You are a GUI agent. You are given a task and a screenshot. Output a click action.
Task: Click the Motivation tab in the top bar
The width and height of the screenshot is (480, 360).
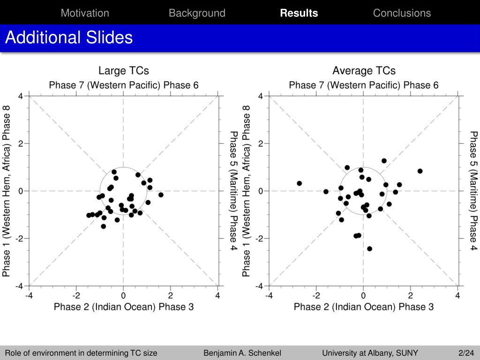point(85,13)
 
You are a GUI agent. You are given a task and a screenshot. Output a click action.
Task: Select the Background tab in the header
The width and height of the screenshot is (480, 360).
point(197,13)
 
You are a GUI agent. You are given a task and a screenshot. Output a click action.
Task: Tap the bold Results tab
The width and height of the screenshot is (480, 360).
point(299,13)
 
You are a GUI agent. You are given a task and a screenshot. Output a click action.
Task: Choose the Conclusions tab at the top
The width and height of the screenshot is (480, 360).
point(402,13)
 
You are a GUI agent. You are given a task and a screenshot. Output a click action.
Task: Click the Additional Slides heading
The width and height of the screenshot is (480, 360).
point(69,37)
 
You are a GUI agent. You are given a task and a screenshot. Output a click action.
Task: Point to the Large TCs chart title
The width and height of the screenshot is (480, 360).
point(124,71)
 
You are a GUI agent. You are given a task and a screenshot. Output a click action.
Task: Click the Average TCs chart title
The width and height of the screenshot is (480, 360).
point(364,71)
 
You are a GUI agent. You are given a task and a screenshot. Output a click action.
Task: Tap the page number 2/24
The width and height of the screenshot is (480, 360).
point(466,353)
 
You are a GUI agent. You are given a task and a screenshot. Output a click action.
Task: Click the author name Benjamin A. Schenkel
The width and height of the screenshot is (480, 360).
point(242,353)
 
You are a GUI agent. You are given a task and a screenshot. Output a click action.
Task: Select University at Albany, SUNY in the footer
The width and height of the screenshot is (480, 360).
point(370,353)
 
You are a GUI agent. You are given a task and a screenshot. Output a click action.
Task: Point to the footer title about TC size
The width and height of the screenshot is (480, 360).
point(81,353)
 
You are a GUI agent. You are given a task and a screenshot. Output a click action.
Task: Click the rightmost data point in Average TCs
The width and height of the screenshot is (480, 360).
point(420,171)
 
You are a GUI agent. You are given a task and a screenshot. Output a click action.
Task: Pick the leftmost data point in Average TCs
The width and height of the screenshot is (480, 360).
point(300,183)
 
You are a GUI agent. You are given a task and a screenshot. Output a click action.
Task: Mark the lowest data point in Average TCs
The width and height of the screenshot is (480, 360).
point(369,248)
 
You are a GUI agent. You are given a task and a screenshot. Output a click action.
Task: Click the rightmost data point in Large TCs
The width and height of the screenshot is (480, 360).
point(161,195)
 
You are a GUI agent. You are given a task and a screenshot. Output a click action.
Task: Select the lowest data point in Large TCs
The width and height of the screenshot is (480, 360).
point(104,226)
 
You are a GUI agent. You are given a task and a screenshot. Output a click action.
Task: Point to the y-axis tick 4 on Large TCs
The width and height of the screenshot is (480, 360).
point(20,96)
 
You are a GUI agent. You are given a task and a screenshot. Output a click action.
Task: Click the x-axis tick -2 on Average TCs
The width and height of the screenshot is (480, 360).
point(316,296)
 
